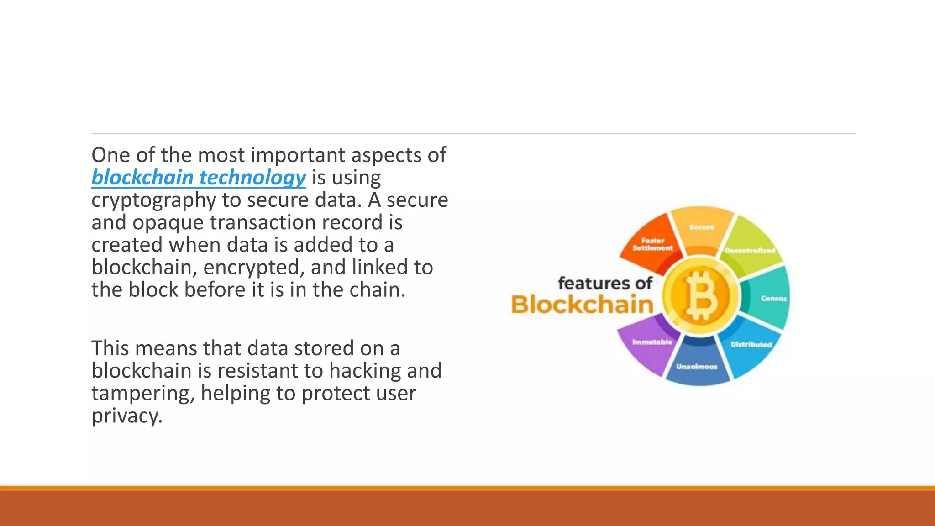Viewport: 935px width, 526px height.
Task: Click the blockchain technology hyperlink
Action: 198,178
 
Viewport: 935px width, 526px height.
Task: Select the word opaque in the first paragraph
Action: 168,223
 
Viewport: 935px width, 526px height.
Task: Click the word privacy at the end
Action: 126,416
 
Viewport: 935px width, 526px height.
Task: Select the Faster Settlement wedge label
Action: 652,244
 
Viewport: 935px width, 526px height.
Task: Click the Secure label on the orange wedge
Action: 702,227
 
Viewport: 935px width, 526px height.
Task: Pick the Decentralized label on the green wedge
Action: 750,251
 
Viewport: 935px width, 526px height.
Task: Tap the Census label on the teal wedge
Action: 773,299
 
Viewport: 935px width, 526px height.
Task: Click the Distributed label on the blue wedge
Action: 751,344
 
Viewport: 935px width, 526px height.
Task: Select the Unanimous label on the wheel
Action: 697,367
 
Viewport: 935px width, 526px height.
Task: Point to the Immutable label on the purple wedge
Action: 652,342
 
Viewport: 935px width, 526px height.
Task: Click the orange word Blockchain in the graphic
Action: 582,305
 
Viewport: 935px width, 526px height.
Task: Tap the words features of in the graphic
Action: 605,283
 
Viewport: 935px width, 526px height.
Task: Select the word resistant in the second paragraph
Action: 257,371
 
